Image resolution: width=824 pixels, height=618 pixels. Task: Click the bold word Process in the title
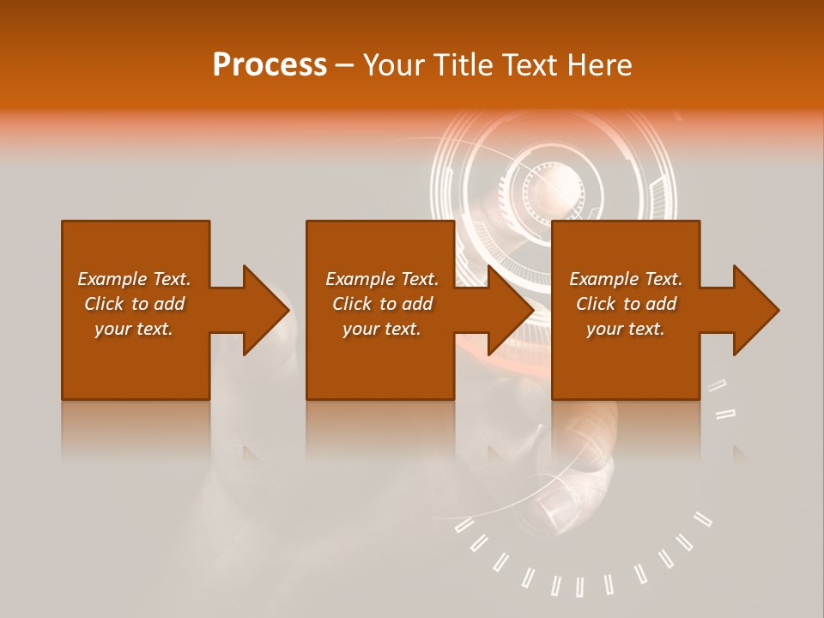[270, 65]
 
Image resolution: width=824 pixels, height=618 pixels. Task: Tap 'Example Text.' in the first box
[134, 279]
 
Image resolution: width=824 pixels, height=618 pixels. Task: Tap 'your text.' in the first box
[134, 329]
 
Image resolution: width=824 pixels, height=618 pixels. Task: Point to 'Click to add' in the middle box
[382, 304]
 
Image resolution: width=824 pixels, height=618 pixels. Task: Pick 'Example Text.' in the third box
[626, 279]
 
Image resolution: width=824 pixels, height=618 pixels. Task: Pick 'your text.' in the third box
[626, 329]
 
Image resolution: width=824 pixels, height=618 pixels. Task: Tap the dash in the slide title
[344, 66]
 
